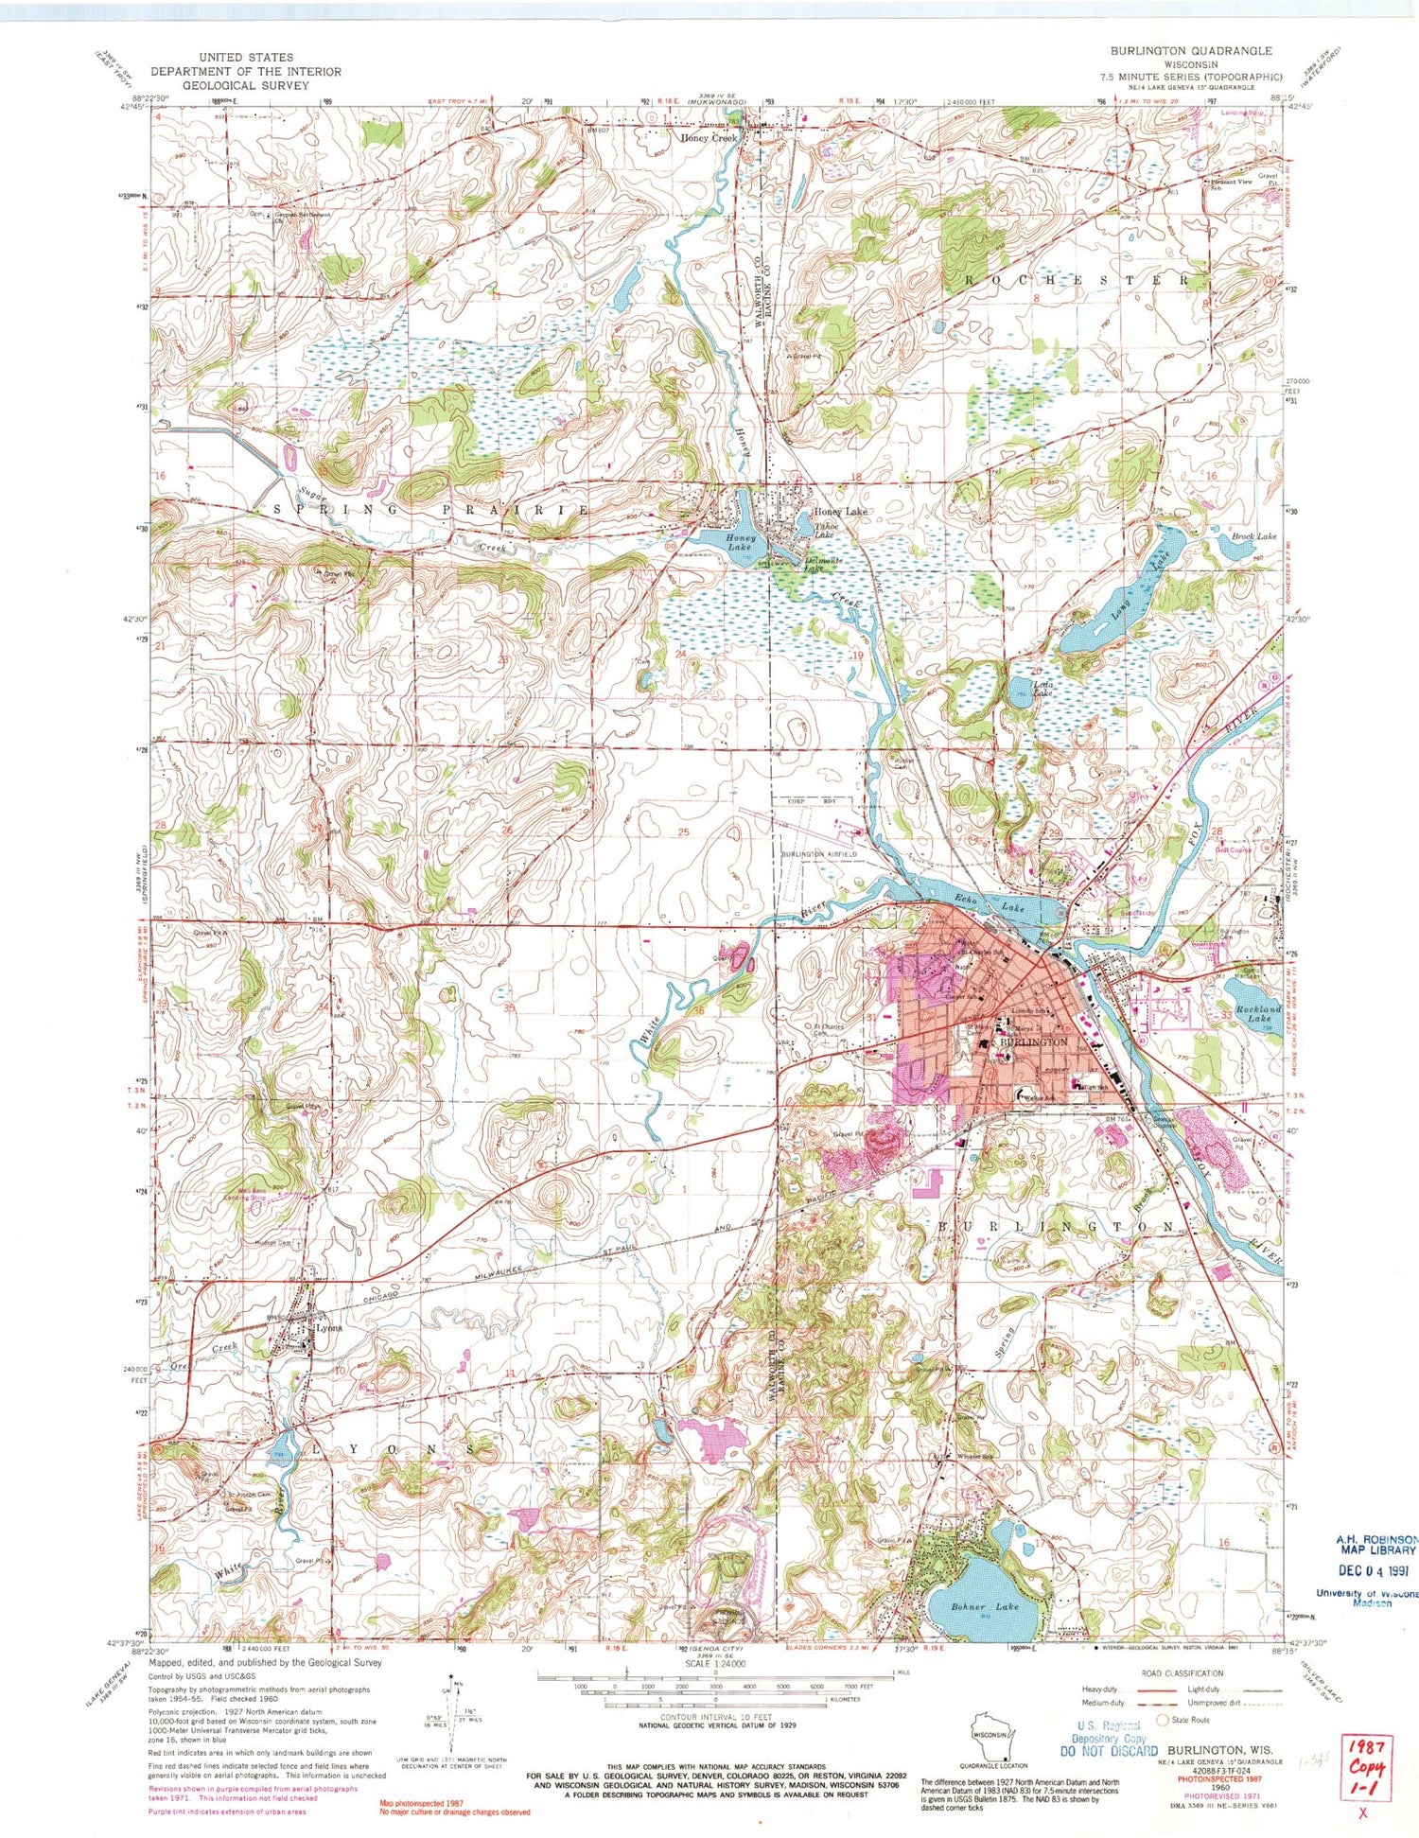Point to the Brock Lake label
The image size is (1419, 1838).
coord(1253,536)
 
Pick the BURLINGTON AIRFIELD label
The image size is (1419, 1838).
coord(818,854)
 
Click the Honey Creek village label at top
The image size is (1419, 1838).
coord(709,138)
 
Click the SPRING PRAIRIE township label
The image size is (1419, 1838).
coord(430,510)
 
